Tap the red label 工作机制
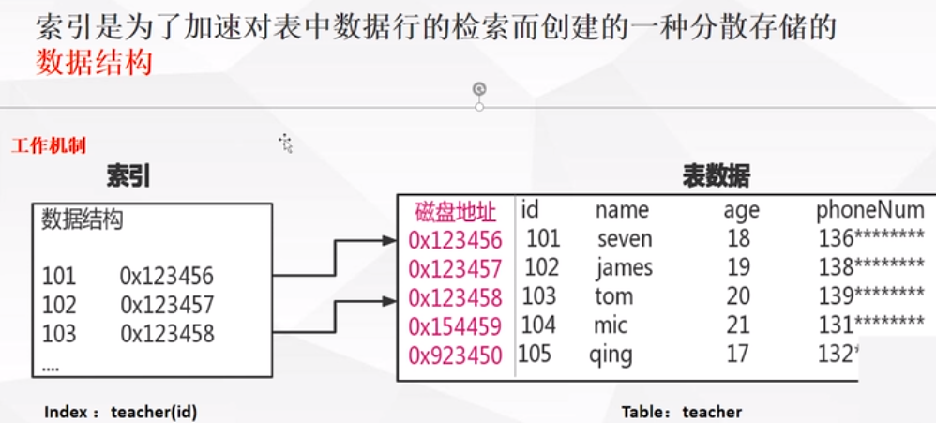point(49,146)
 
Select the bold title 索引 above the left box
point(128,176)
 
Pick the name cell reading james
point(624,268)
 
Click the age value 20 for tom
point(738,297)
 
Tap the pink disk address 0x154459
point(456,326)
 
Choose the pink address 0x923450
point(456,355)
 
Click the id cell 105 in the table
point(535,355)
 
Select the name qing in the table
point(611,355)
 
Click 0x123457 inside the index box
point(167,305)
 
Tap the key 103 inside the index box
point(58,333)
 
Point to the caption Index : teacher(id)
point(121,412)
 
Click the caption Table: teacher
point(681,412)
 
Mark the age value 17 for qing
point(738,355)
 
